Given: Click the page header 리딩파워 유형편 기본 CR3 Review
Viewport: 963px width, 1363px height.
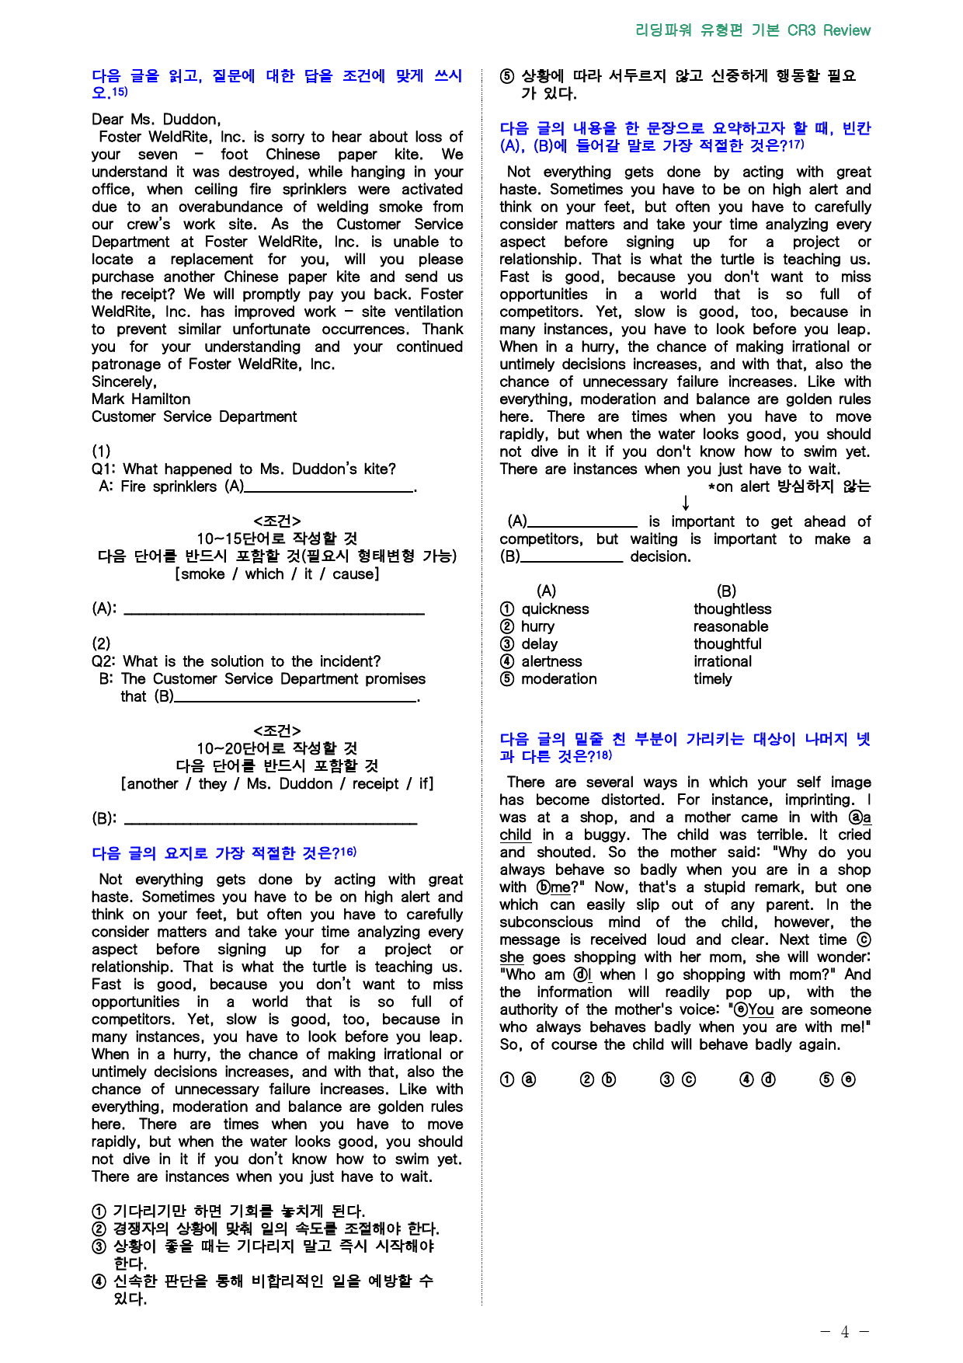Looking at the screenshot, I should click(x=752, y=30).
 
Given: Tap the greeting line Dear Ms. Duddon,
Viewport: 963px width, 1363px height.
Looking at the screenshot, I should click(x=156, y=119).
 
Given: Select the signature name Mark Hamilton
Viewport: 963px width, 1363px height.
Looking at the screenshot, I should click(x=141, y=399).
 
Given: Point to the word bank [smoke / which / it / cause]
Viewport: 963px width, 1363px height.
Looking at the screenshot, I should click(x=276, y=573).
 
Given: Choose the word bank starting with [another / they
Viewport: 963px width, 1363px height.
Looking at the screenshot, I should click(x=276, y=783).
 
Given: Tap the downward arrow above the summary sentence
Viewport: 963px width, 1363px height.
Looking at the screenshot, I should click(x=686, y=504).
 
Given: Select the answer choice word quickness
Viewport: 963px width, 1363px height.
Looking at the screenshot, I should click(x=555, y=608).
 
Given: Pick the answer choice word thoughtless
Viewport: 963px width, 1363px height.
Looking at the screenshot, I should click(x=732, y=608).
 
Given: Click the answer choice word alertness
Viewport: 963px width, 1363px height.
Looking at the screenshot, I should click(x=551, y=661).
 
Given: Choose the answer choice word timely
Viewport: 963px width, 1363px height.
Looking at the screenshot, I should click(x=712, y=678).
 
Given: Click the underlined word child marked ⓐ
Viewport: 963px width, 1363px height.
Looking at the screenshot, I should click(x=515, y=835).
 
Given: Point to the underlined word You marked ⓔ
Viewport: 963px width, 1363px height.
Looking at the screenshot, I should click(x=760, y=1009).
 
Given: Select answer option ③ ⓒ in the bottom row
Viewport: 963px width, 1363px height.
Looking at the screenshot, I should click(x=678, y=1079).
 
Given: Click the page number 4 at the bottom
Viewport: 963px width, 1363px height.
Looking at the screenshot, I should click(x=844, y=1332).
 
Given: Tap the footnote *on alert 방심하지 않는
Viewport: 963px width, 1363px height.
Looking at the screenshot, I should click(x=788, y=486).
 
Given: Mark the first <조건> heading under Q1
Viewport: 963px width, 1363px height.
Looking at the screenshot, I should click(x=276, y=521).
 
